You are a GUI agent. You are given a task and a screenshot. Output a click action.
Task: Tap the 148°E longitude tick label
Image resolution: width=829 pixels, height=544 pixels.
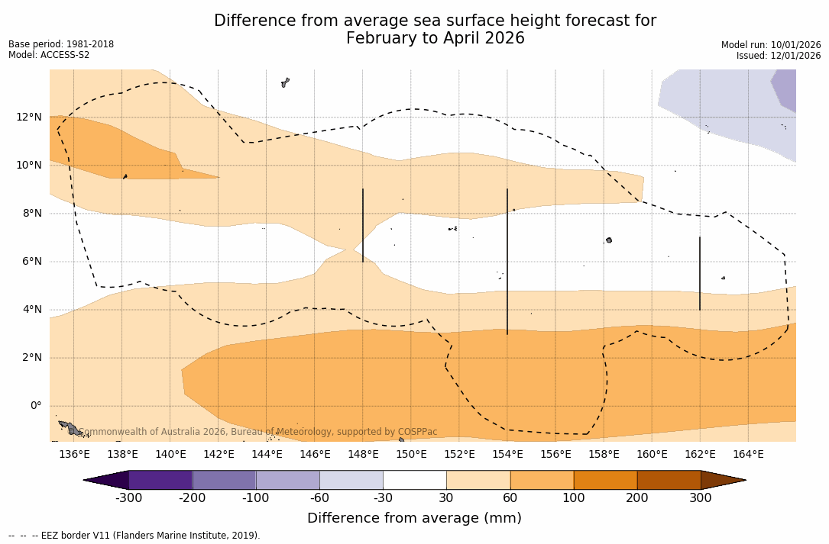click(x=363, y=455)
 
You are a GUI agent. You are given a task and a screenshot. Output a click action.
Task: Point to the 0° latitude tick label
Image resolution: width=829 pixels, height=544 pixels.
click(x=36, y=406)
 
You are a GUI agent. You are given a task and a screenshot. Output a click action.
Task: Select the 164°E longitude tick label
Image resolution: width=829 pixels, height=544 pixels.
click(x=748, y=455)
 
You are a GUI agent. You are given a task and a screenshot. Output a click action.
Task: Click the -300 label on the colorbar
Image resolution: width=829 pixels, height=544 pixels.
click(x=128, y=498)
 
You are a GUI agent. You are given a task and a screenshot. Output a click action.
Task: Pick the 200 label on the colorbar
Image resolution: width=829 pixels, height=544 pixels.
click(x=637, y=498)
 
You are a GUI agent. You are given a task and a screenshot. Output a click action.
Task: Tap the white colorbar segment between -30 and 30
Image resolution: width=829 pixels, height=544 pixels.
click(x=414, y=480)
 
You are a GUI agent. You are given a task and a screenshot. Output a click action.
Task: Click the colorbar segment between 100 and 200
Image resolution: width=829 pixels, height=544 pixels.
click(x=605, y=480)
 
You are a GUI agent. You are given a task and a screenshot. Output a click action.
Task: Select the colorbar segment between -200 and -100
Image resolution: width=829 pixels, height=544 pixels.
click(x=224, y=480)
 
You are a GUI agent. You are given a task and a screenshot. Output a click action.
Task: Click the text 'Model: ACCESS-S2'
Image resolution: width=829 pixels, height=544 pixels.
click(x=49, y=55)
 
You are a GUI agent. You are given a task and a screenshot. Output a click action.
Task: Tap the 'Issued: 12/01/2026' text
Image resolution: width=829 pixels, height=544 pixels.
click(x=779, y=56)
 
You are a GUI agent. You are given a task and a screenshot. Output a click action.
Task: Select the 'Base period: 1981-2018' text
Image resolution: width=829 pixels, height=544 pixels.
click(x=61, y=44)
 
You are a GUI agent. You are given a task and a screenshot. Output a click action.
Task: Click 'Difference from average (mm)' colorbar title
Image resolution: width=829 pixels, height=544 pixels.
click(x=414, y=519)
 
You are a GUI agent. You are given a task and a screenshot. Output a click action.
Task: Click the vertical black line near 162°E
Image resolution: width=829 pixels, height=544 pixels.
click(x=700, y=273)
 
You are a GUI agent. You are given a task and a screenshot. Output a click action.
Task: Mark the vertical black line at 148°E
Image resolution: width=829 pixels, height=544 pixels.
click(x=363, y=225)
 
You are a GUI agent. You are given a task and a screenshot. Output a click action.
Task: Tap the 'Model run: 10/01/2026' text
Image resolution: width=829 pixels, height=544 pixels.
click(x=771, y=45)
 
